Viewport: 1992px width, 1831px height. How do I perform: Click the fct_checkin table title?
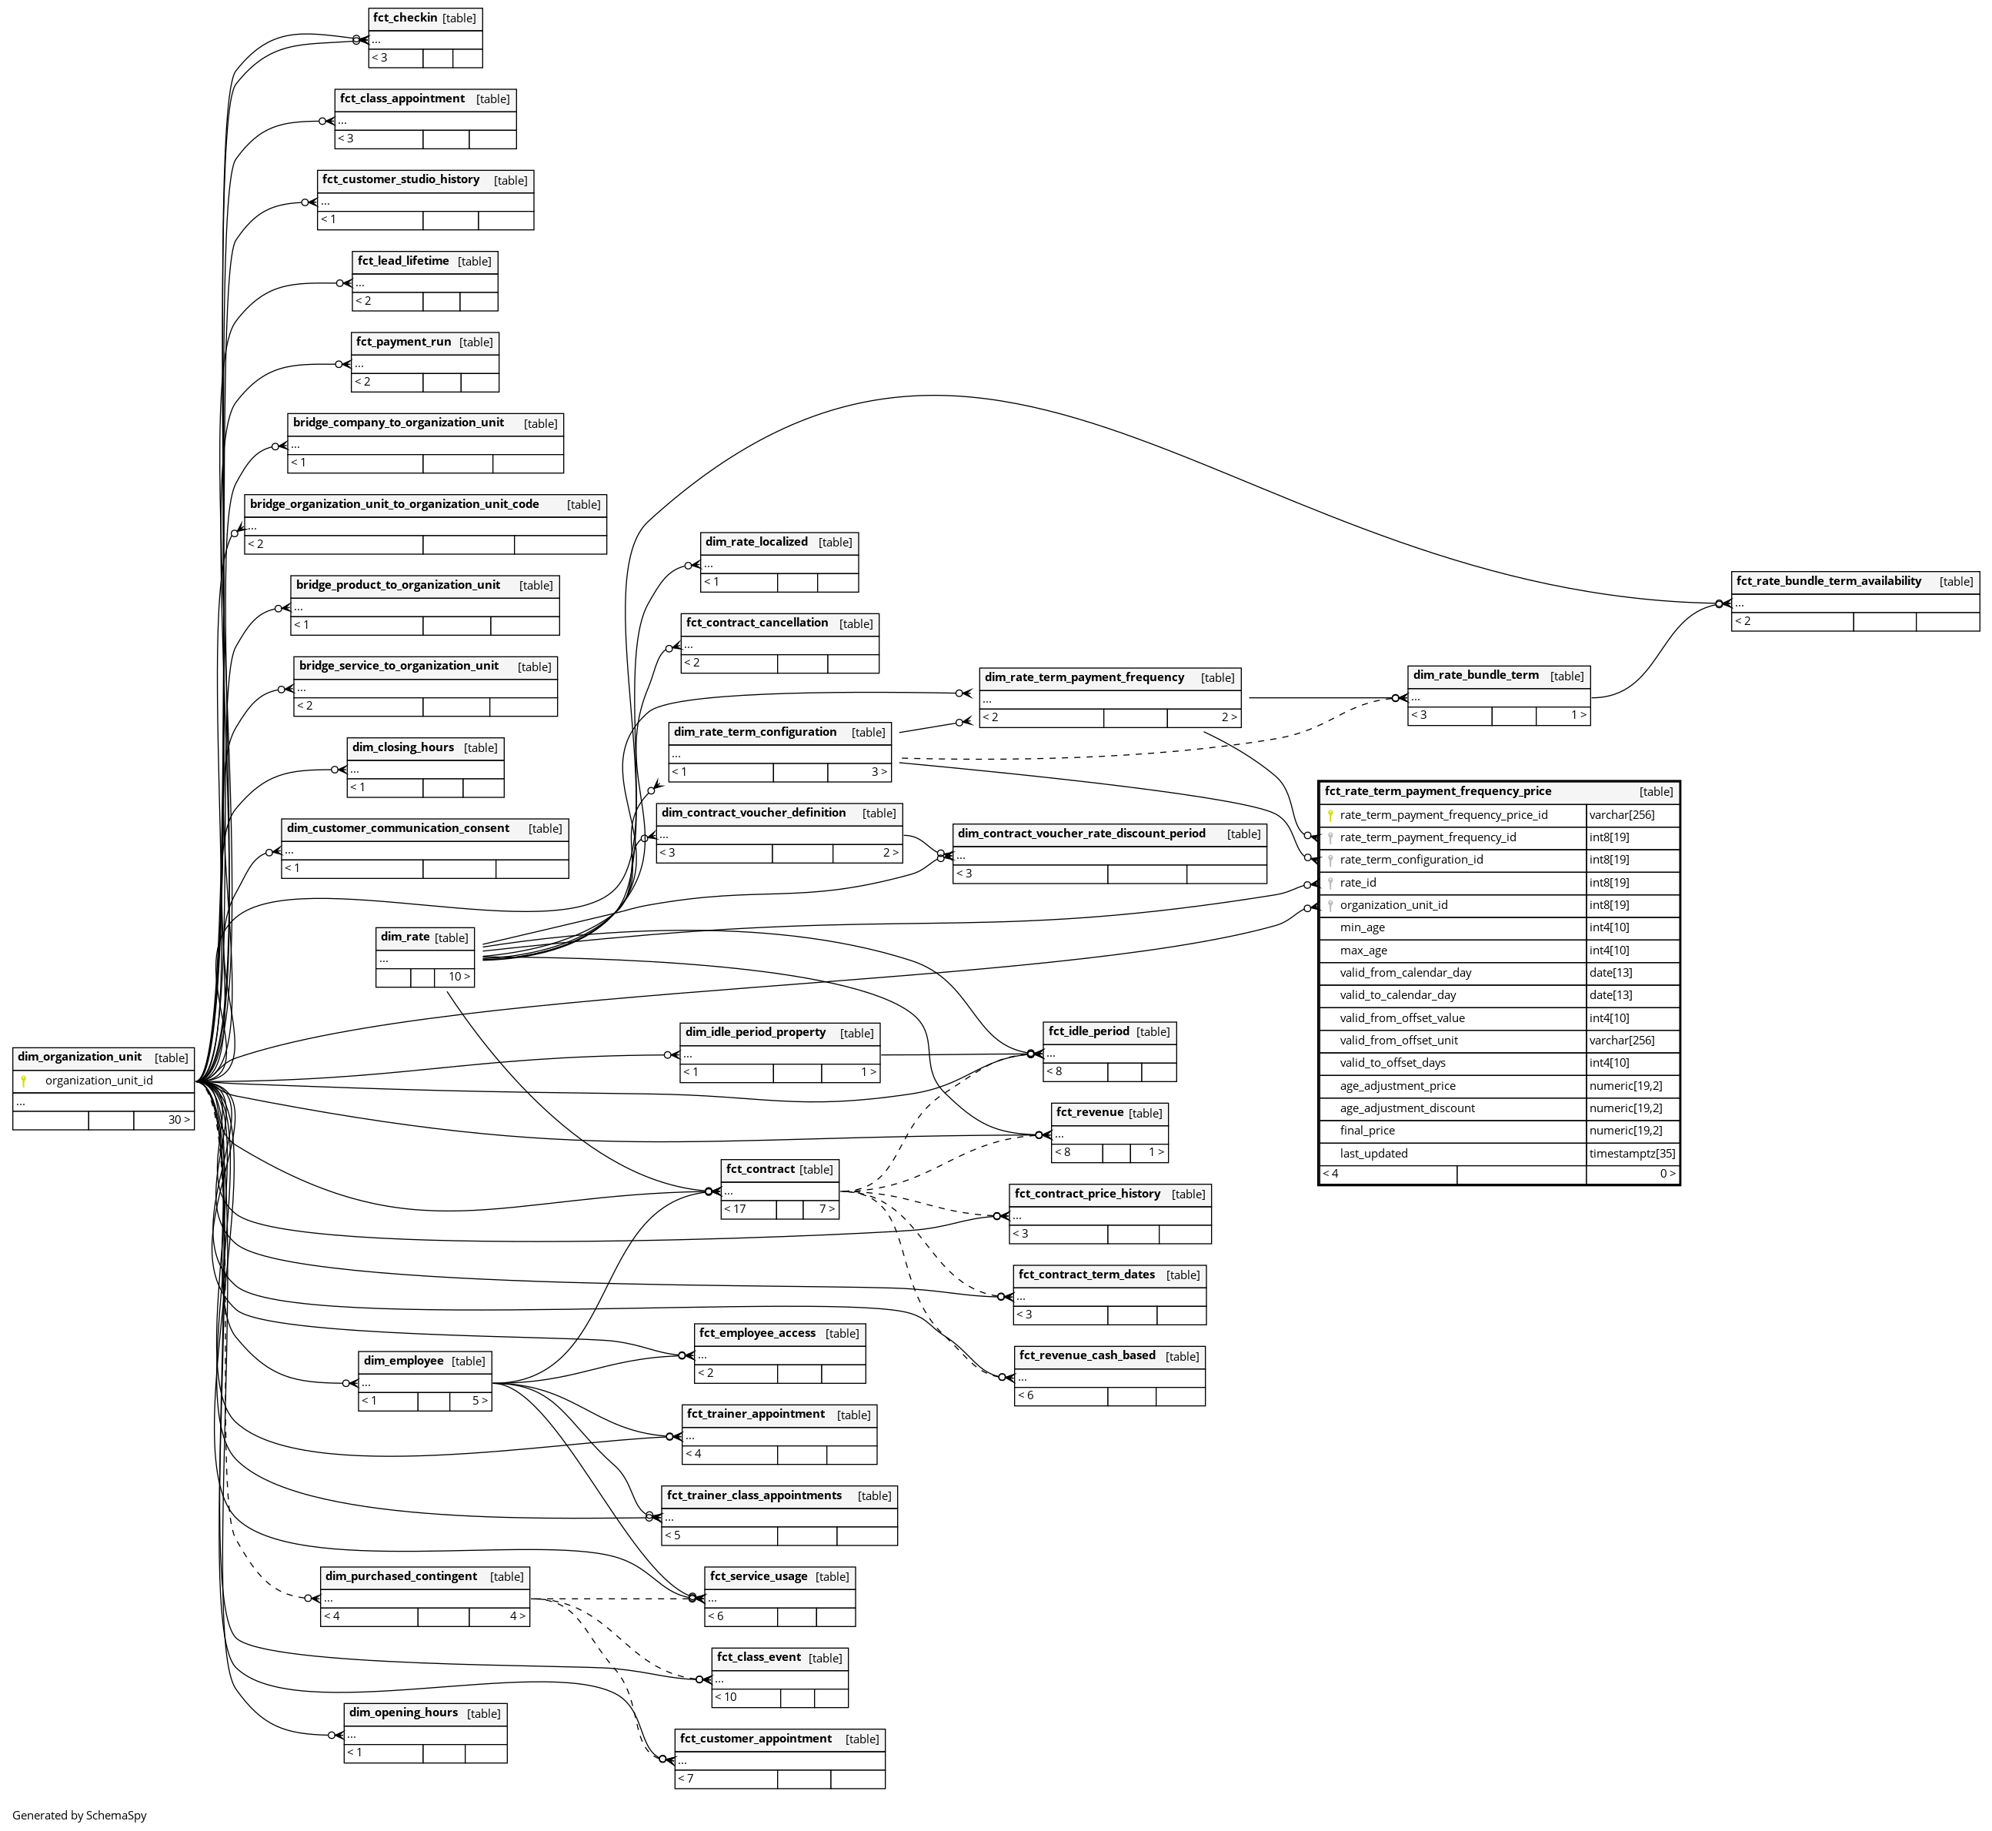pos(405,18)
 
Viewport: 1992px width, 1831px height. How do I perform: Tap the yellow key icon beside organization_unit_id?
pos(24,1081)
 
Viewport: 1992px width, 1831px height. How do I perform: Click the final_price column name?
pos(1367,1131)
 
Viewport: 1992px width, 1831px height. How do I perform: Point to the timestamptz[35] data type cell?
pos(1631,1153)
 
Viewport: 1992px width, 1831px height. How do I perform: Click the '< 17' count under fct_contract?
pos(735,1209)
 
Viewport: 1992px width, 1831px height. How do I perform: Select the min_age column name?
pos(1362,927)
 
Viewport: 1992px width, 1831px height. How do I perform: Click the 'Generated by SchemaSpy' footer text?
pos(79,1815)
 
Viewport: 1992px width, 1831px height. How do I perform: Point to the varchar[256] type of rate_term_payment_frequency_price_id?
pos(1622,815)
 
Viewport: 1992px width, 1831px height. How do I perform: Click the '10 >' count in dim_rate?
pos(459,977)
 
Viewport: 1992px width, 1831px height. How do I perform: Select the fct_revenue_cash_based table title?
pos(1086,1355)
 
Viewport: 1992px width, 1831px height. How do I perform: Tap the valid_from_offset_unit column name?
pos(1399,1041)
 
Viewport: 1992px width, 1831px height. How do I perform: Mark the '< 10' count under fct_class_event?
pos(726,1696)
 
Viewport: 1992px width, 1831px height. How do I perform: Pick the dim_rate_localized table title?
pos(756,542)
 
